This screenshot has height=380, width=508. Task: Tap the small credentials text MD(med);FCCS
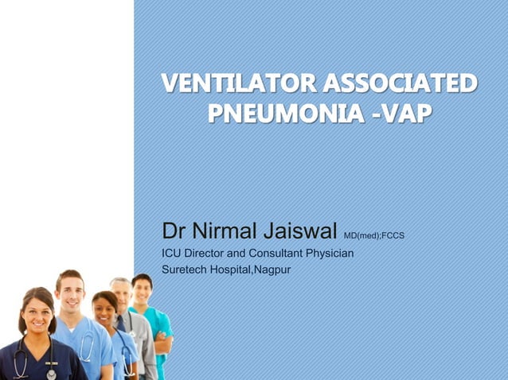pos(374,235)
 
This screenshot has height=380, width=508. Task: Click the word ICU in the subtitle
pos(171,254)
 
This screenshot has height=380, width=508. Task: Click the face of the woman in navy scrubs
pos(37,312)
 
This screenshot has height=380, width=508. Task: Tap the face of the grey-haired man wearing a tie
pos(121,293)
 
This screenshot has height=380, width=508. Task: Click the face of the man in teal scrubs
pos(142,288)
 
